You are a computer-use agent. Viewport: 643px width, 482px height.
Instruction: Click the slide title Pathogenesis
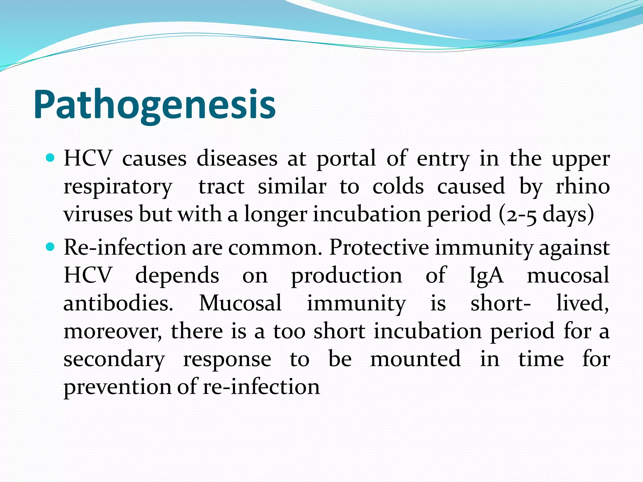154,105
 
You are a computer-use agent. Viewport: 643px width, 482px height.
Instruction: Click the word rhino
583,186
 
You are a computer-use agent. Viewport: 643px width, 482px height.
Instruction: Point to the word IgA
486,276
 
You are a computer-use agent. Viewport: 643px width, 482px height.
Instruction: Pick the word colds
398,186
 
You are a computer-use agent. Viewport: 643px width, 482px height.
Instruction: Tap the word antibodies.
118,303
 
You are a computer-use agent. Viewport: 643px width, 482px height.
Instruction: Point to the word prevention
117,387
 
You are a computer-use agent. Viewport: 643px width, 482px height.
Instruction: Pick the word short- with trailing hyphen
500,303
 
